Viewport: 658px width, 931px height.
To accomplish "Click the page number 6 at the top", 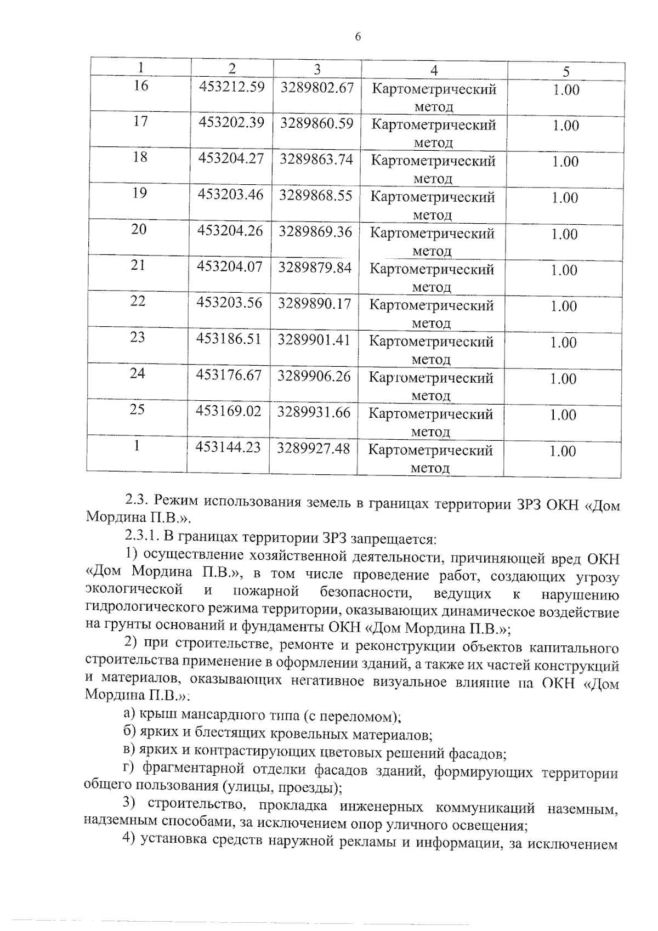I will coord(358,37).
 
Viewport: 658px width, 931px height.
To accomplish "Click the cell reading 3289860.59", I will coord(316,123).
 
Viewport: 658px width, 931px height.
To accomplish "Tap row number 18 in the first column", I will coord(140,157).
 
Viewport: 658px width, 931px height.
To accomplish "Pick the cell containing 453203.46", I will coord(230,195).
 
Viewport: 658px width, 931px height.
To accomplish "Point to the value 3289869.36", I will coord(315,231).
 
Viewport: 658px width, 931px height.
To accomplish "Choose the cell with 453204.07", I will coord(230,267).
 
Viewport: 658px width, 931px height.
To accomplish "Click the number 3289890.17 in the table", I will coord(314,303).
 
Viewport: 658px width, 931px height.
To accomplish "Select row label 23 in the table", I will coord(138,338).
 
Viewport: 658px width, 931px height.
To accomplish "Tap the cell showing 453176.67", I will coord(229,376).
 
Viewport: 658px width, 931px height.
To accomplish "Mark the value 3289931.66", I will coord(313,412).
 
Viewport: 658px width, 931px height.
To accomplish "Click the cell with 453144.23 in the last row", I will coord(228,447).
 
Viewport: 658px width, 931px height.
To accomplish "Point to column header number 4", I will coord(434,70).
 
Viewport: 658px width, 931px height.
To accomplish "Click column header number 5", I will coord(566,71).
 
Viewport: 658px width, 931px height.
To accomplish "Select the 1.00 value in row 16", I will coord(566,90).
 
